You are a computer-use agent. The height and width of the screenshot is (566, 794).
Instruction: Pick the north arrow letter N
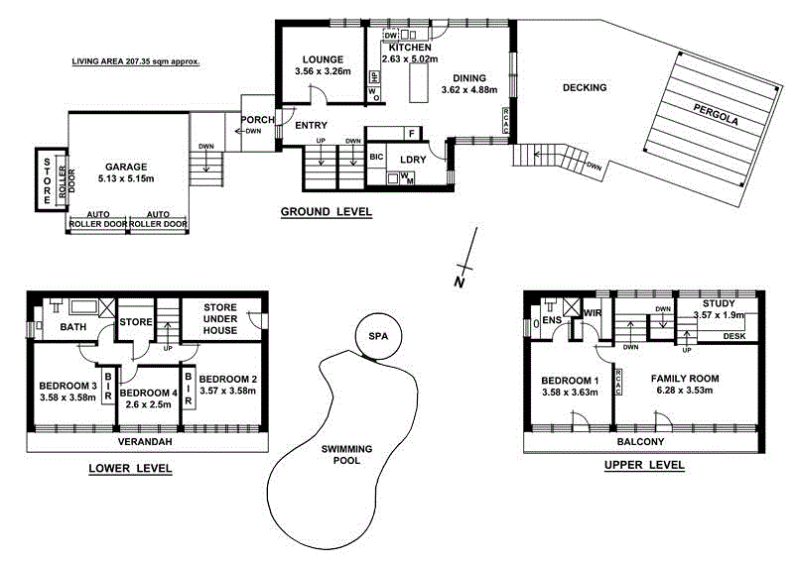point(459,283)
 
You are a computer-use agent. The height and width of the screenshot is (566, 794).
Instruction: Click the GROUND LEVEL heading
point(326,211)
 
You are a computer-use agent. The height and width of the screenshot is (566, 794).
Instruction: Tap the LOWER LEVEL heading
point(130,468)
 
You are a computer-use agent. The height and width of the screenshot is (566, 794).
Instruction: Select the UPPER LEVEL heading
point(643,464)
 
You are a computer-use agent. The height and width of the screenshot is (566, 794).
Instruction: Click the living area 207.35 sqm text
point(136,61)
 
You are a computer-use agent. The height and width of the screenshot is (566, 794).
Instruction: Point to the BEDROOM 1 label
point(571,380)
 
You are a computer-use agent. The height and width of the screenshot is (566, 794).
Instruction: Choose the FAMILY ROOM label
point(684,379)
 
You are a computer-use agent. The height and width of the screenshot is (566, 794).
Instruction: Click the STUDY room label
point(718,303)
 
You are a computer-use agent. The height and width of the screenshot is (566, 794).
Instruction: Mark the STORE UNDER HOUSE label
point(219,318)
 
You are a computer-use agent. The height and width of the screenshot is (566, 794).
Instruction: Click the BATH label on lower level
point(73,326)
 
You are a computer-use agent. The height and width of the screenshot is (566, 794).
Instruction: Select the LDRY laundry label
point(413,159)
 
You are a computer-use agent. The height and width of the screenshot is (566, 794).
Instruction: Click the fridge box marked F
point(410,133)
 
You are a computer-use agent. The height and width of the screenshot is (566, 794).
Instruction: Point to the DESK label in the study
point(734,336)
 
